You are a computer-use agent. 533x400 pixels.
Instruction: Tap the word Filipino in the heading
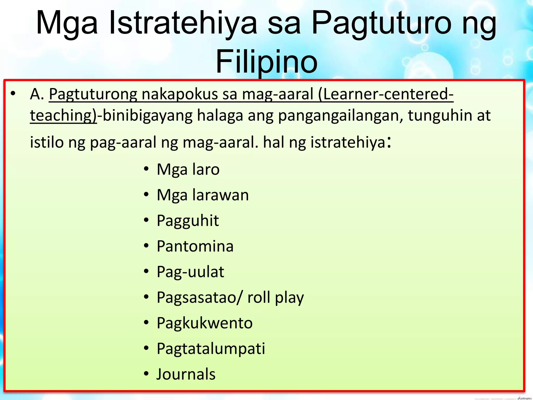click(x=266, y=62)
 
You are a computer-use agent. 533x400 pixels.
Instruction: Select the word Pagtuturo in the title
click(x=381, y=23)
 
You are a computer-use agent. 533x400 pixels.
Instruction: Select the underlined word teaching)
click(x=63, y=115)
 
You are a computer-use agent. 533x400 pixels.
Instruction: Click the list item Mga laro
click(x=188, y=170)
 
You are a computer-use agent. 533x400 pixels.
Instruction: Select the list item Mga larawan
click(x=203, y=195)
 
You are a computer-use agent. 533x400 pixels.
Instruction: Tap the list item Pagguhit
click(x=188, y=221)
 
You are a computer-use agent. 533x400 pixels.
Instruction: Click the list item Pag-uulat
click(x=190, y=272)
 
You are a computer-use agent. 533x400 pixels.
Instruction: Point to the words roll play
click(x=276, y=297)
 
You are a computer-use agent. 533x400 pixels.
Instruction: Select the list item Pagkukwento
click(x=205, y=323)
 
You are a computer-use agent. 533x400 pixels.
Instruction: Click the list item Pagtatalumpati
click(x=211, y=349)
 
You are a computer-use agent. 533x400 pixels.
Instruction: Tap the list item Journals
click(x=186, y=374)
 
